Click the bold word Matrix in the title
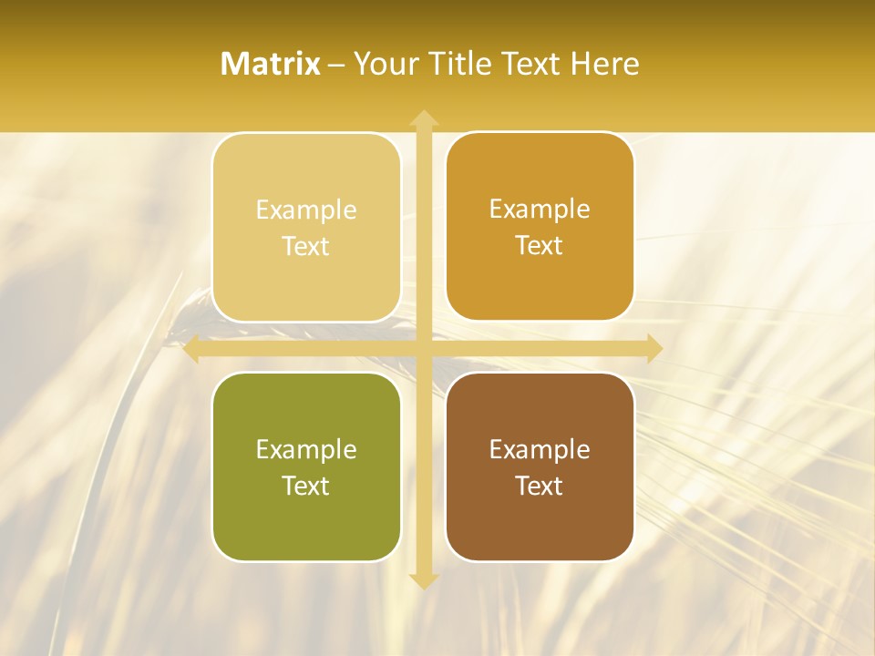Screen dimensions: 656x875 (271, 64)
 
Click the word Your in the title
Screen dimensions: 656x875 (383, 64)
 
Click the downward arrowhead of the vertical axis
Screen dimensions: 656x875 (423, 580)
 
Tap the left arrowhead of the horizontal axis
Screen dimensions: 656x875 (190, 349)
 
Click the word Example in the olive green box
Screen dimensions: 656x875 (306, 450)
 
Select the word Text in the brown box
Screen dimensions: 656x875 (540, 486)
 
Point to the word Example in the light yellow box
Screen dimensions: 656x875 (306, 210)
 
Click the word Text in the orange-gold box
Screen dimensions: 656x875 (540, 246)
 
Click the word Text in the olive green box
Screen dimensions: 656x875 (306, 486)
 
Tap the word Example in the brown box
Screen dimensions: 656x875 (540, 450)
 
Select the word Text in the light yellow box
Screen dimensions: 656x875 (306, 247)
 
